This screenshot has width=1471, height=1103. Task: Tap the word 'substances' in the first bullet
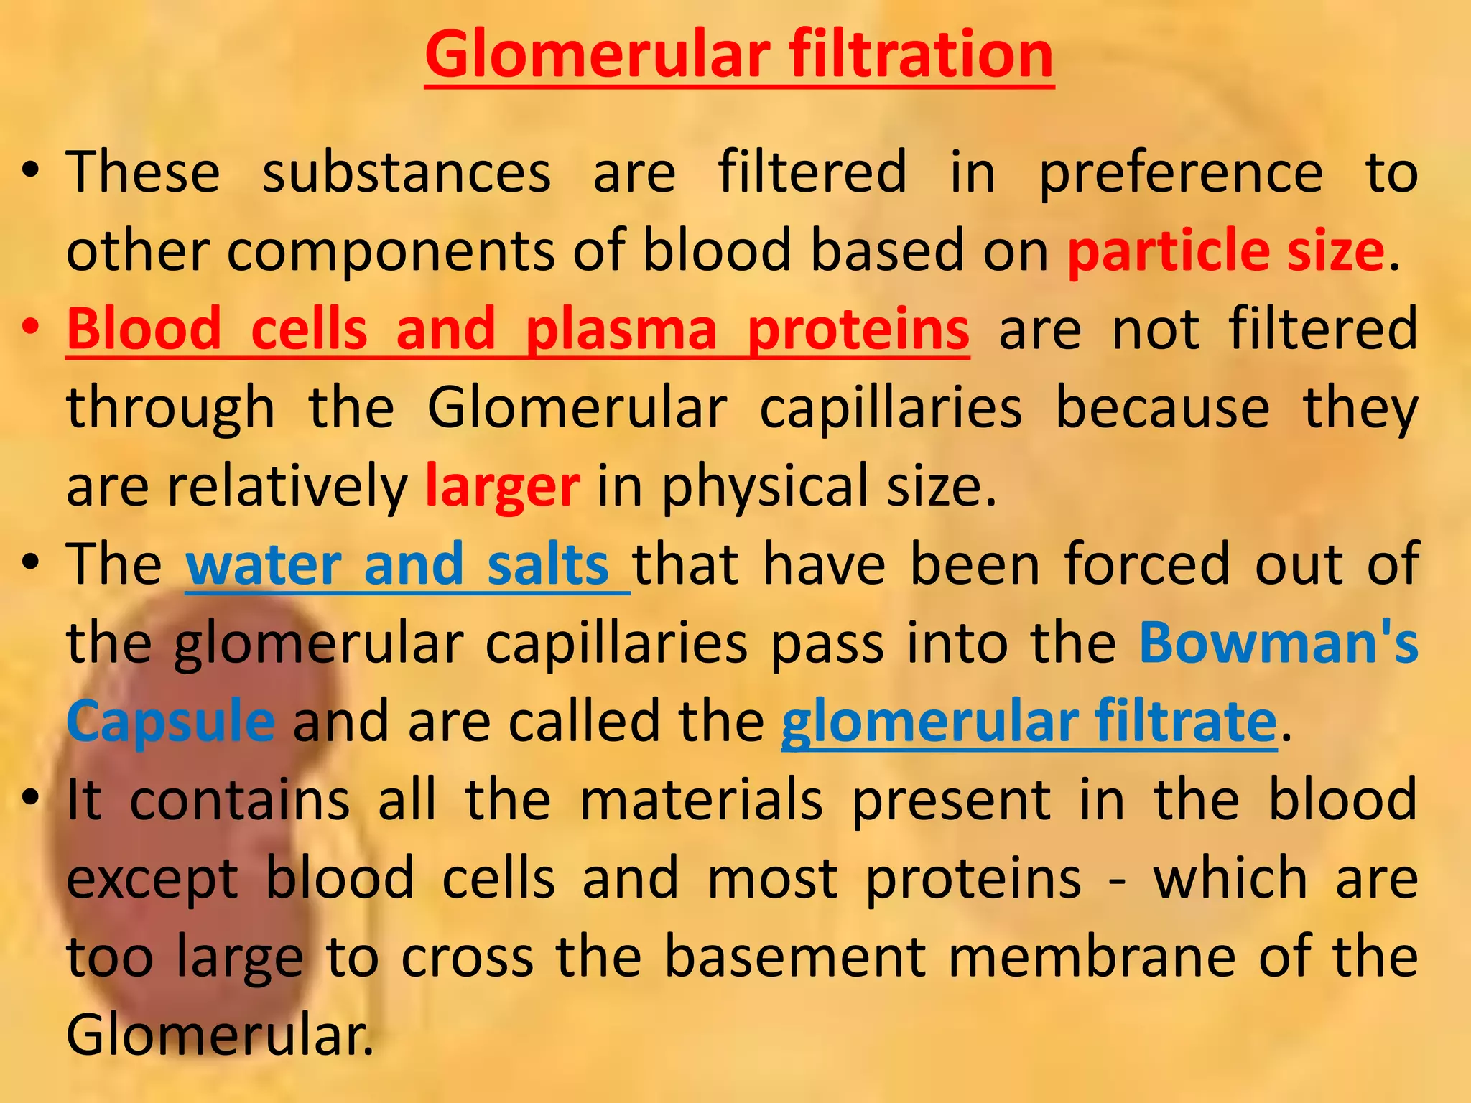tap(407, 172)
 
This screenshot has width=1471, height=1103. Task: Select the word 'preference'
tap(1181, 172)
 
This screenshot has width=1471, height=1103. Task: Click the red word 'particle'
tap(1168, 250)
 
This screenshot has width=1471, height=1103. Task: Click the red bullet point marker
tap(29, 327)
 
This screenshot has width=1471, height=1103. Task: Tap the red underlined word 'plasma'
tap(621, 329)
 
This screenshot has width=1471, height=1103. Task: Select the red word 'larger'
tap(502, 486)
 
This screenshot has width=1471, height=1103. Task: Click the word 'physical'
tap(766, 486)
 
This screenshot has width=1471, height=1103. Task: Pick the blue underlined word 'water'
tap(263, 564)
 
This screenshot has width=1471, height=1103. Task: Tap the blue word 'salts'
tap(548, 564)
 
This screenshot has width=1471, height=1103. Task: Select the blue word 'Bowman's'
tap(1279, 642)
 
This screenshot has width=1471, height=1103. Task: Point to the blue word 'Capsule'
tap(170, 720)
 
